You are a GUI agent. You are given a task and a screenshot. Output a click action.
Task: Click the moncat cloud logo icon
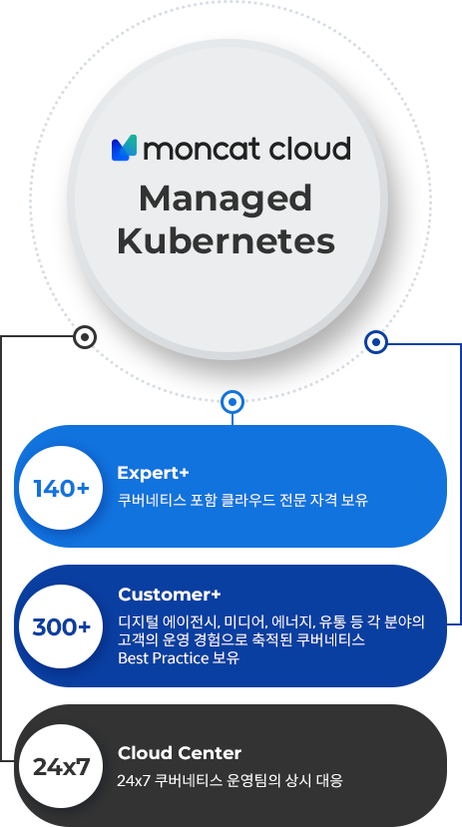click(125, 148)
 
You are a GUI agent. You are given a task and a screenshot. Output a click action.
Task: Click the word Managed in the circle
click(226, 199)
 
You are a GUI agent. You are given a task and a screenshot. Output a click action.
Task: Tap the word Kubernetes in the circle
click(226, 241)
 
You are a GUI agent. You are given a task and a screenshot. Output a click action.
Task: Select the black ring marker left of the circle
click(85, 336)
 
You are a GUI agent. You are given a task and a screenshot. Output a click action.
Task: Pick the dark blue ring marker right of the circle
click(376, 342)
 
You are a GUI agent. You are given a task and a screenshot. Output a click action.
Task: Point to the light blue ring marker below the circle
click(232, 402)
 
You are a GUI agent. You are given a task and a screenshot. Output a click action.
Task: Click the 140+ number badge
click(61, 488)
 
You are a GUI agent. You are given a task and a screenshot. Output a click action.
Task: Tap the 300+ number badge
click(61, 626)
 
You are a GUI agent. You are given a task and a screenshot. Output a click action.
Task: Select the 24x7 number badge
click(61, 766)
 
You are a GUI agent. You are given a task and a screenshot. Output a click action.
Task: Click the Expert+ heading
click(153, 473)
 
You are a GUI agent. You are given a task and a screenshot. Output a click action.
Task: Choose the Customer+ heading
click(170, 595)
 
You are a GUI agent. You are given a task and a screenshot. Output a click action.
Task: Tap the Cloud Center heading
click(180, 752)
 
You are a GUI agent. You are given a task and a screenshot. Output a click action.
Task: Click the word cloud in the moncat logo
click(310, 149)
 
